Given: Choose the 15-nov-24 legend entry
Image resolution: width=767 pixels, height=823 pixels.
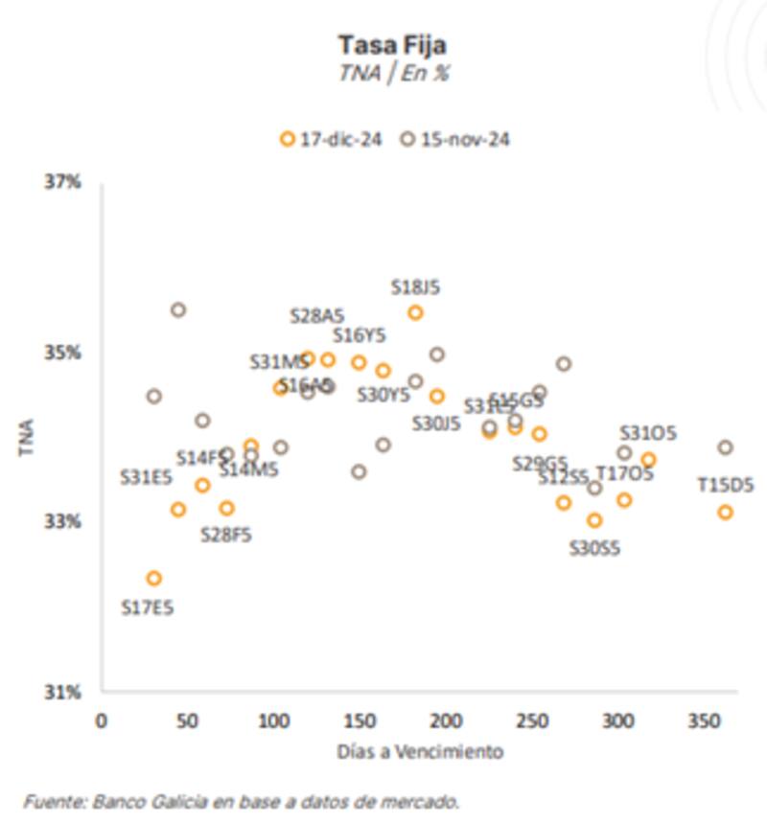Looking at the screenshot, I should coord(456,139).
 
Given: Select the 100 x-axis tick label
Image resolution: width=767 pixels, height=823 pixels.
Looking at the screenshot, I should coord(273,721).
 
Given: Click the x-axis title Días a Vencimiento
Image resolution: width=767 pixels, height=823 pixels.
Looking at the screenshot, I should coord(420,751).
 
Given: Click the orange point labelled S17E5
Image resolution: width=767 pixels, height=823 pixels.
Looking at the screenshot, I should coord(153,578).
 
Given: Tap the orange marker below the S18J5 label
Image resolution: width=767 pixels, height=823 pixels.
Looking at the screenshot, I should coord(415,312).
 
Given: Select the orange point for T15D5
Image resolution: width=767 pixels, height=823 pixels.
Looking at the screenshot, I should coord(725,512).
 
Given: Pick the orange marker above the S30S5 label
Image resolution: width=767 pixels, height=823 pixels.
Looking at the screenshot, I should coord(594,520).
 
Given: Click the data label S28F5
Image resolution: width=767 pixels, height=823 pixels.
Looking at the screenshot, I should coord(225,535).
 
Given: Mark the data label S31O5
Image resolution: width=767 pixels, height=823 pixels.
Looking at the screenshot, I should coord(649,433).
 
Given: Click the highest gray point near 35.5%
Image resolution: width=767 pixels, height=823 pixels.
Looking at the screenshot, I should coord(178,309).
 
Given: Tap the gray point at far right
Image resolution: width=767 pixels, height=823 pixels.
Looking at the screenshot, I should coord(725,447).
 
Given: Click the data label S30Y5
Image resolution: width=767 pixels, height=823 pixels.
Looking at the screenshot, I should coord(383,394).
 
